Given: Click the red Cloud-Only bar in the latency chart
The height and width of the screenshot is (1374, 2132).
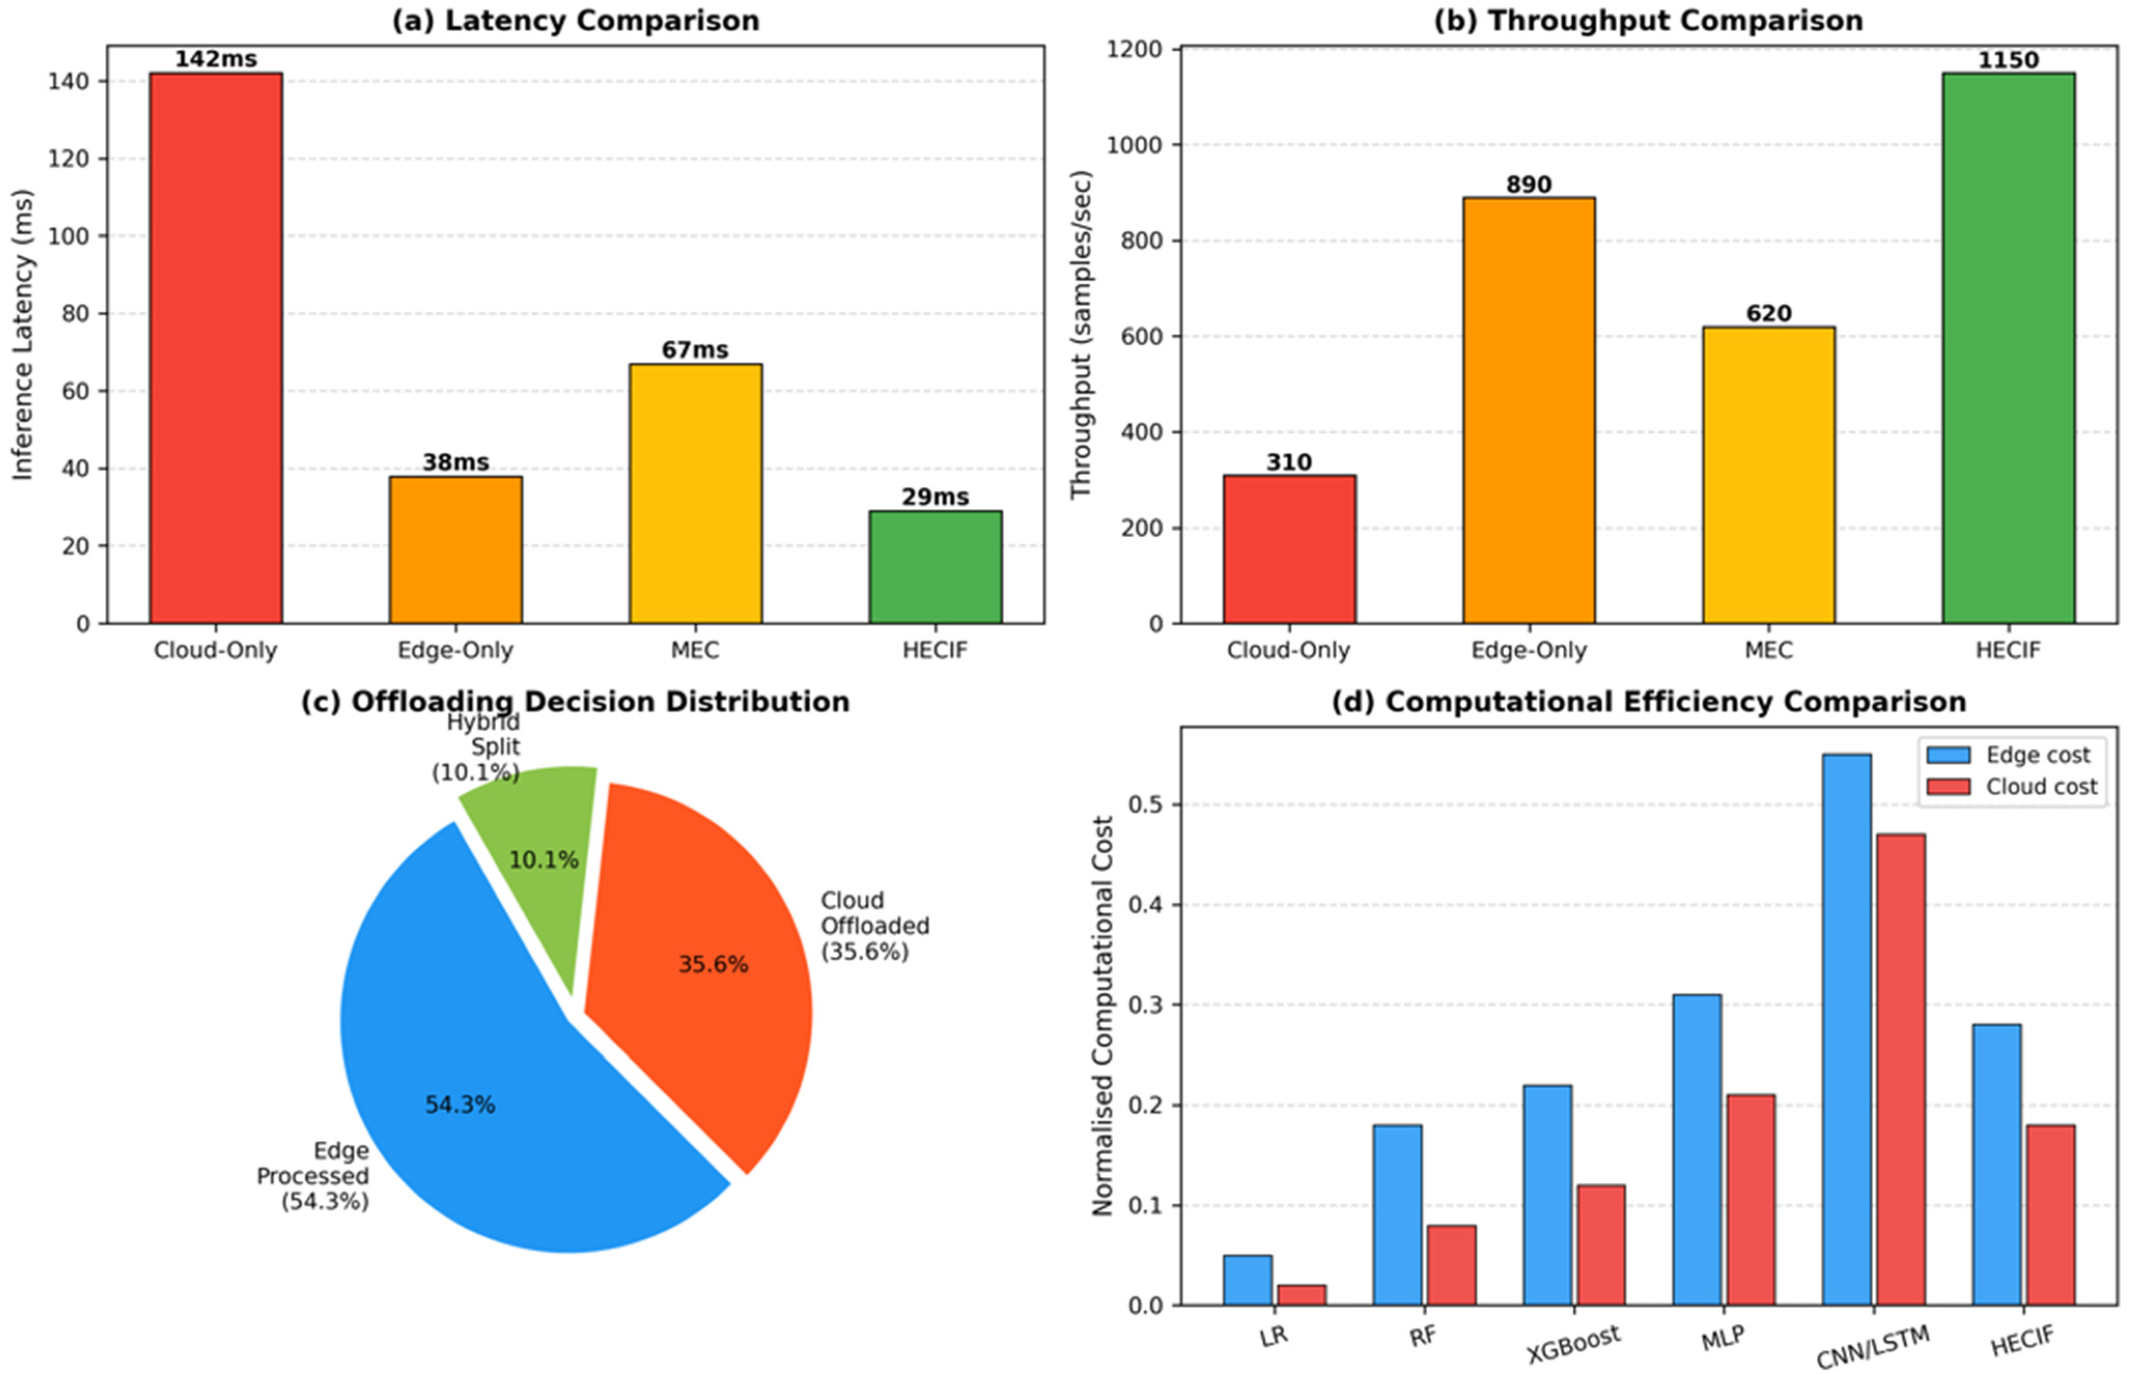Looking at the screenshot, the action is (x=216, y=348).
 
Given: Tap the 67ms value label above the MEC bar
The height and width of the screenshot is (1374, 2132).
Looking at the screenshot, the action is (x=695, y=350).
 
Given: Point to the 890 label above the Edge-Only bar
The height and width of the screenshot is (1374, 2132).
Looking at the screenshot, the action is (x=1529, y=185).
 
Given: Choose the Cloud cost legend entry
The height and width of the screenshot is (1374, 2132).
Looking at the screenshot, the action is (x=2012, y=787).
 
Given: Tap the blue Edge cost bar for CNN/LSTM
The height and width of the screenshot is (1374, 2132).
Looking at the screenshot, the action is (x=1846, y=1030).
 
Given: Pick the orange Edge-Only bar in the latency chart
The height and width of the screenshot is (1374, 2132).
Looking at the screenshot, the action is (x=456, y=549).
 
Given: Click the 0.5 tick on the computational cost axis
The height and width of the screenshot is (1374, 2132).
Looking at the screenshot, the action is (x=1146, y=805).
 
